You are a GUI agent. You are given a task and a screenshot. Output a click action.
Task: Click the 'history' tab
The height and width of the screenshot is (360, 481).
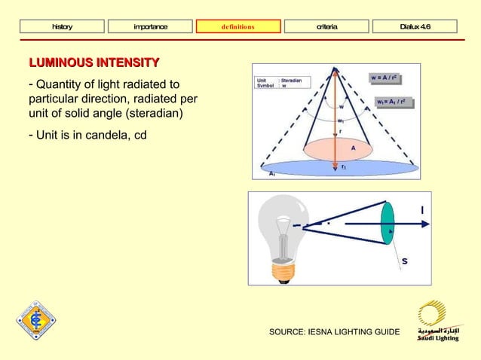click(x=63, y=27)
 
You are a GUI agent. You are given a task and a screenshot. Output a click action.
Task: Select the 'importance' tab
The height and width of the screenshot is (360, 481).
click(x=151, y=27)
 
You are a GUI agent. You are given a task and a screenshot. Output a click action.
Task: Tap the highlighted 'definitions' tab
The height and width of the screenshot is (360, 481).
click(x=238, y=27)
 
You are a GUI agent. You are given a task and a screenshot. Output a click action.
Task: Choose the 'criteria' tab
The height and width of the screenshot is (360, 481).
click(x=326, y=27)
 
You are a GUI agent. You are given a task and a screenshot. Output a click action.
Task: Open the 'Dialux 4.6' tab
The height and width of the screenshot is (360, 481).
click(x=415, y=27)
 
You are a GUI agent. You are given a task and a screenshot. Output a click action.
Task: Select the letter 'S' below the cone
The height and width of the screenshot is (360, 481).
click(x=405, y=261)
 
